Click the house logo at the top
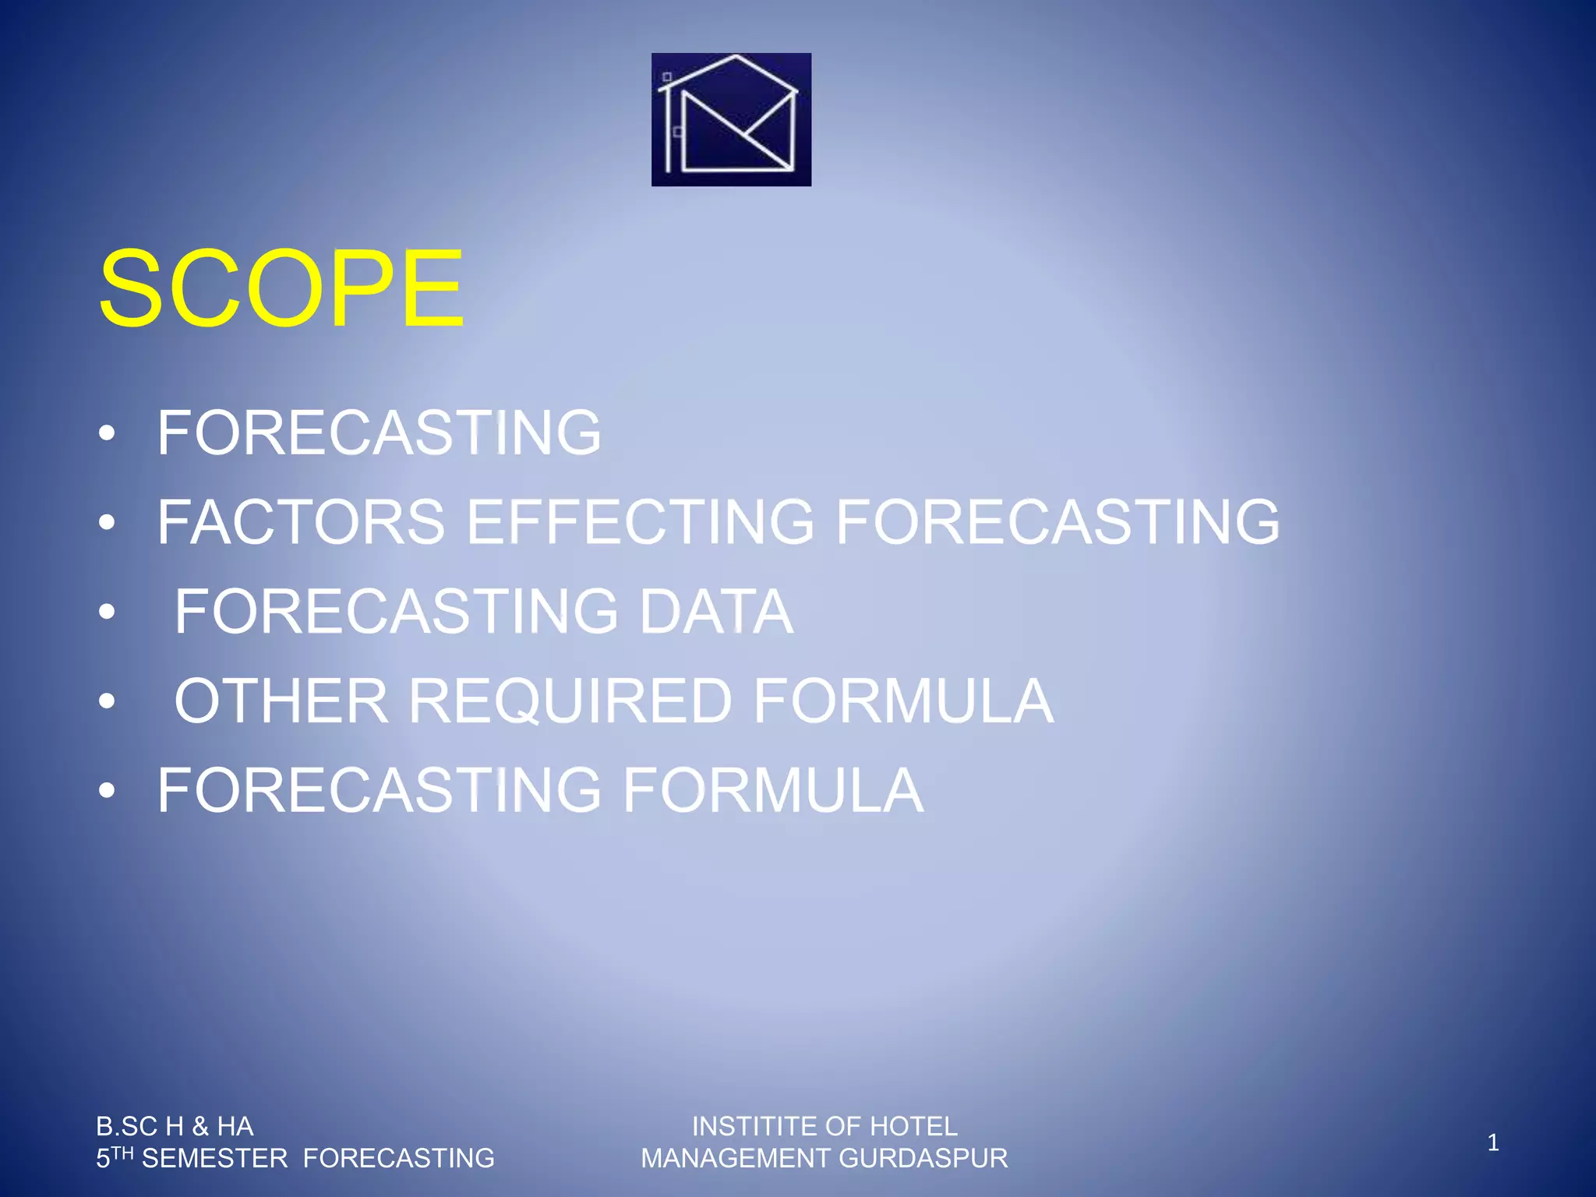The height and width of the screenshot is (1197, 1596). tap(731, 119)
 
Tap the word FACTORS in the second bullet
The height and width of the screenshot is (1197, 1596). tap(301, 522)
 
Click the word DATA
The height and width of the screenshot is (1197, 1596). tap(715, 612)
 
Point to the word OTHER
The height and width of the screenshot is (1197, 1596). tap(281, 701)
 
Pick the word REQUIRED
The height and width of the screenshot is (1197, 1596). tap(570, 701)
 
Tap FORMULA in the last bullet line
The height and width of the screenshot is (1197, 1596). tap(772, 790)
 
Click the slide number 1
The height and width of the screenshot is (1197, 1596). tap(1492, 1142)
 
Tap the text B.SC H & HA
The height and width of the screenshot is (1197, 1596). tap(175, 1126)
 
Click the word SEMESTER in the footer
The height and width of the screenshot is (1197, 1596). tap(214, 1159)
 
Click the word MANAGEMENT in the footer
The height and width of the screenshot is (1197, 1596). tap(736, 1159)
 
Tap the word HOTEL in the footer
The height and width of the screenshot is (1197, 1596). tap(913, 1126)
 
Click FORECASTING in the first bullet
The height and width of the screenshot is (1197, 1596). tap(380, 433)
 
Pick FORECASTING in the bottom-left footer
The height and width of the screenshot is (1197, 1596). tap(398, 1159)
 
